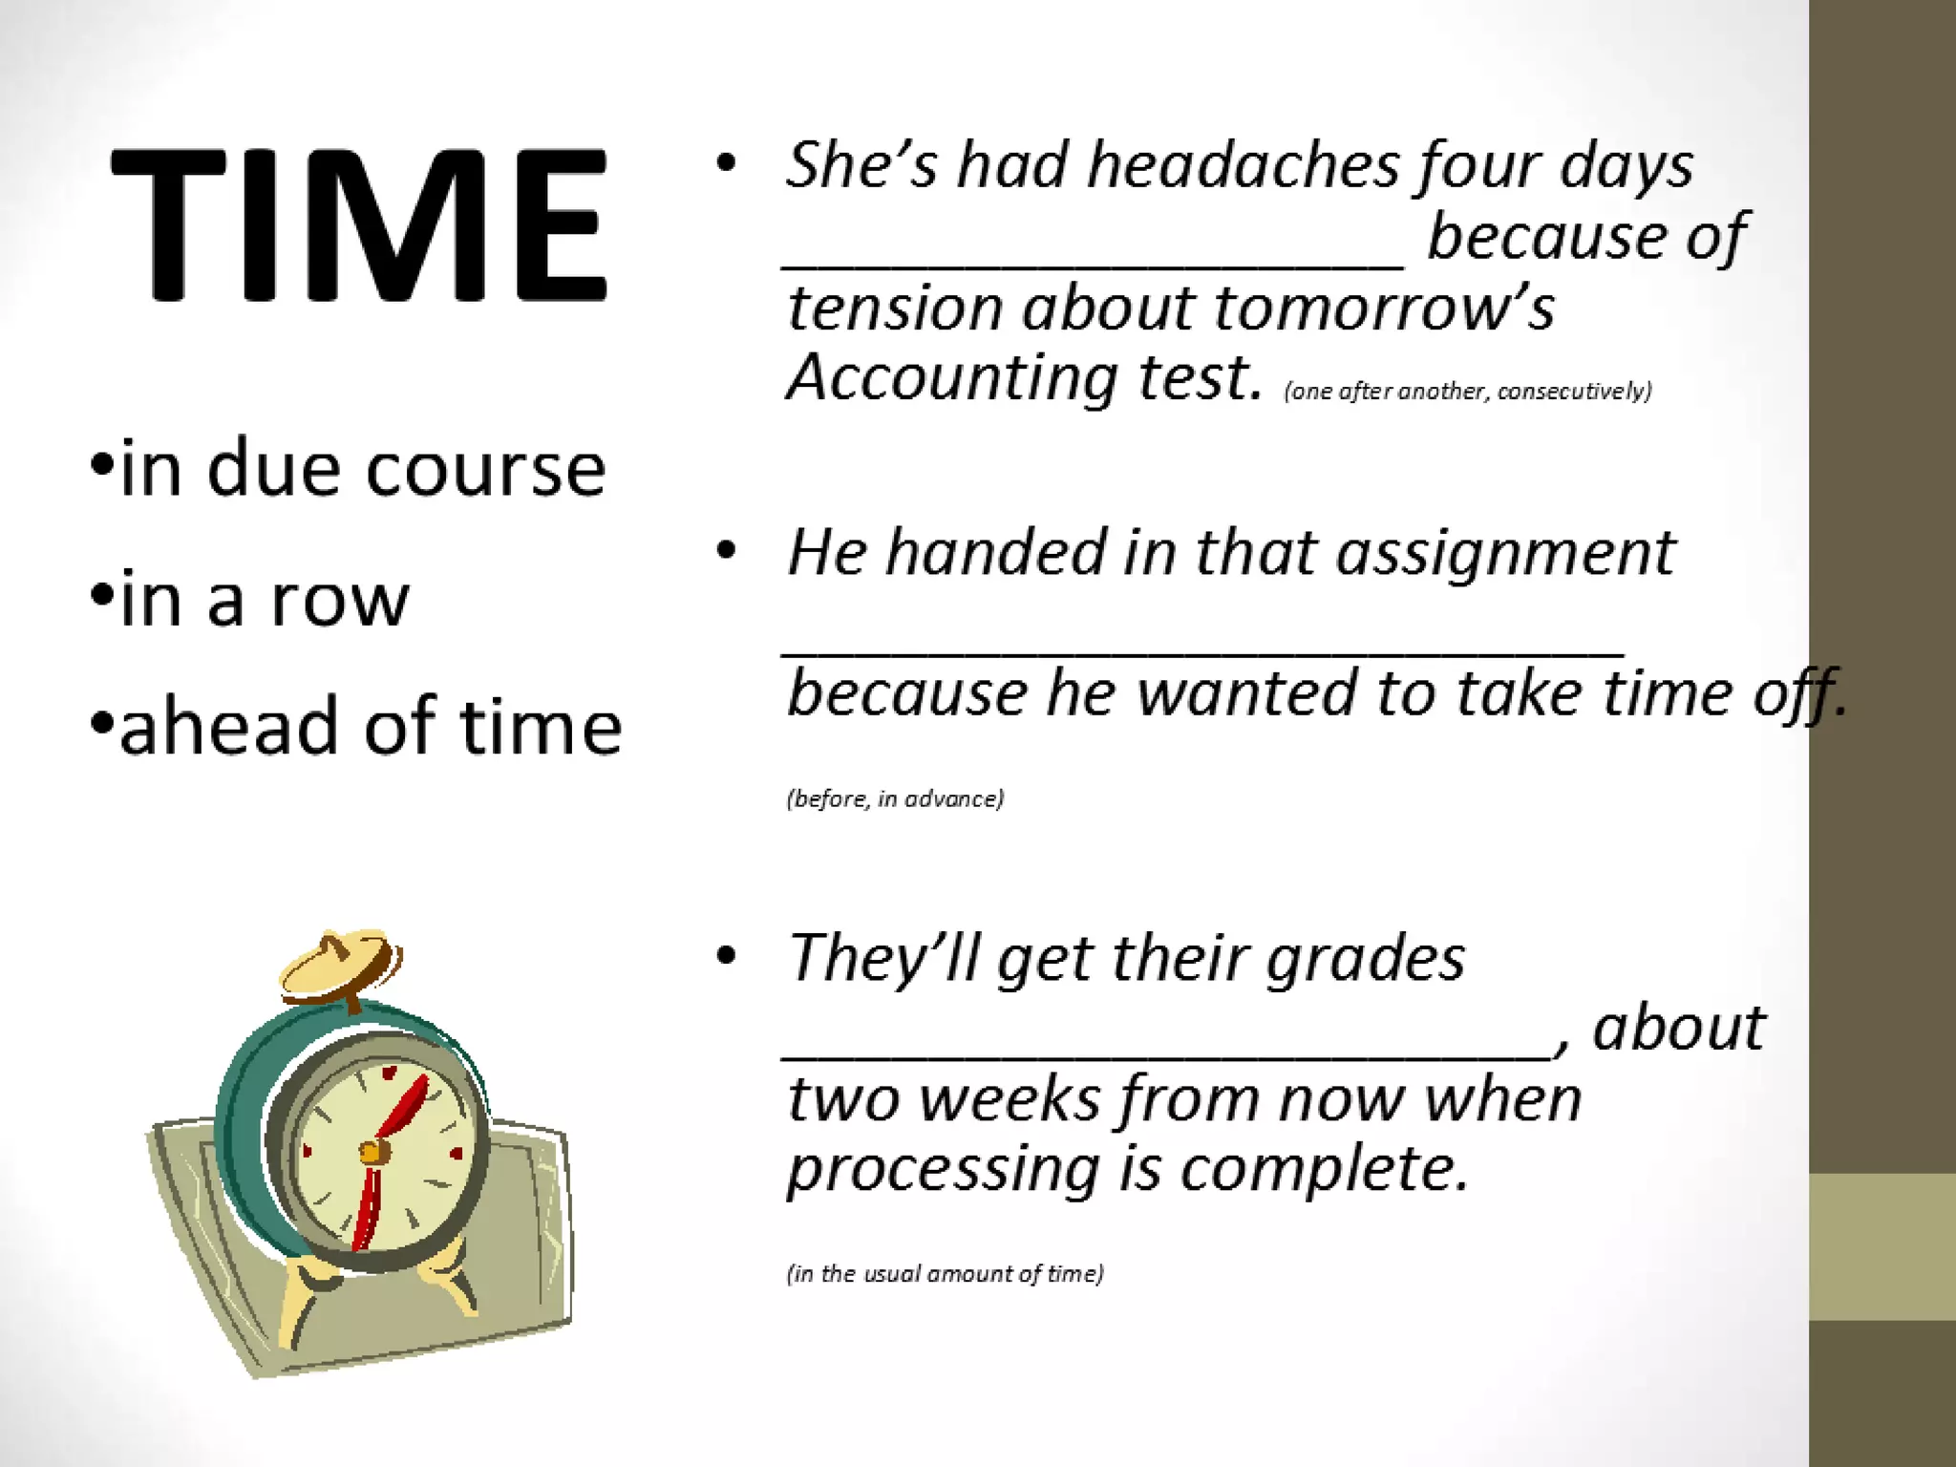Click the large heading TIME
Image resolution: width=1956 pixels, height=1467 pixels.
[358, 225]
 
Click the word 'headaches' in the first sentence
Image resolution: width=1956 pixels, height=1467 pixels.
[1243, 165]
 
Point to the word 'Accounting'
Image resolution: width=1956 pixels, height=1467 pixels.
[951, 378]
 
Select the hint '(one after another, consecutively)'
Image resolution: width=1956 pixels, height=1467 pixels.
[1468, 392]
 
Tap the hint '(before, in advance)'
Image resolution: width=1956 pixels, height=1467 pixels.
[895, 798]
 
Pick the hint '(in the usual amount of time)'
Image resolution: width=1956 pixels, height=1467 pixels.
[945, 1274]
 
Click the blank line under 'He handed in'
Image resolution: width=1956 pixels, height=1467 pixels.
[1203, 649]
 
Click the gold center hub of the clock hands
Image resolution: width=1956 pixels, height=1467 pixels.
[373, 1153]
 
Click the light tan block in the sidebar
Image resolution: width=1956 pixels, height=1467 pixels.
[1882, 1246]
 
